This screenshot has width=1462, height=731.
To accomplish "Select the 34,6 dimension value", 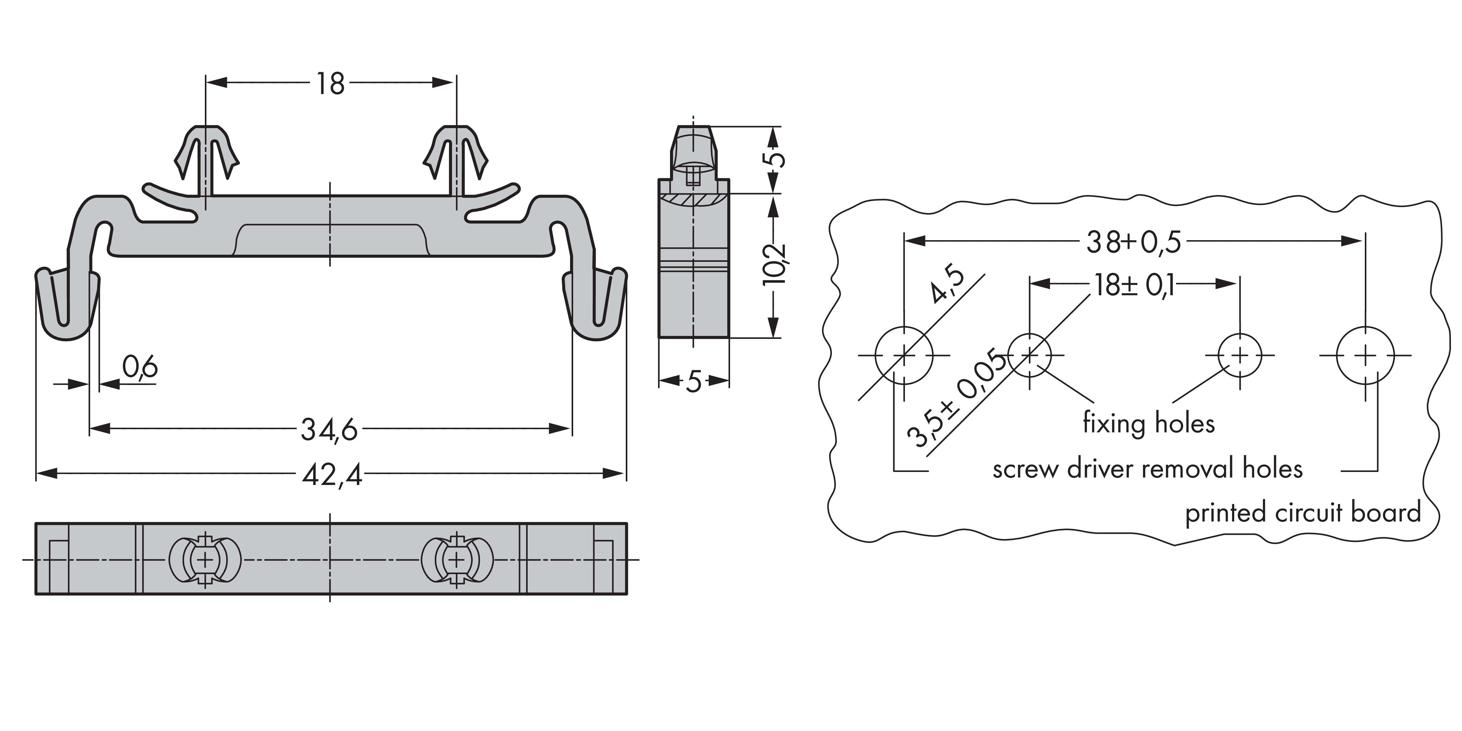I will [329, 430].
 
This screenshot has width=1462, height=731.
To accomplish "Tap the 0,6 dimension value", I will [140, 368].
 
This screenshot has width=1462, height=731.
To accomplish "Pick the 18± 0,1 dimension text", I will [1134, 285].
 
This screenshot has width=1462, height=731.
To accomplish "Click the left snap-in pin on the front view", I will [205, 159].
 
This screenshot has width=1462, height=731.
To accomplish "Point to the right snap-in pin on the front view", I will [456, 159].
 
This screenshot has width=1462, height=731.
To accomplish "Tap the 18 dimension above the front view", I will [330, 84].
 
